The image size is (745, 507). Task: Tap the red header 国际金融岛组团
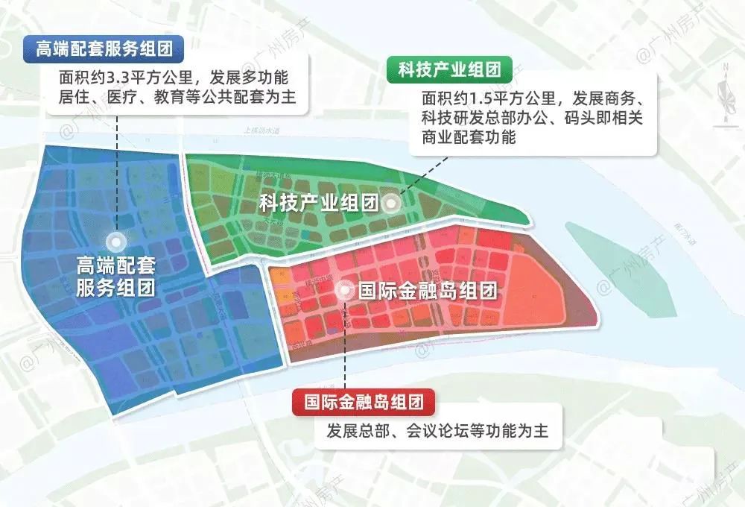364,403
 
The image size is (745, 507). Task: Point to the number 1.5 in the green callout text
481,99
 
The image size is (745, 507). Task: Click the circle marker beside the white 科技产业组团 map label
390,202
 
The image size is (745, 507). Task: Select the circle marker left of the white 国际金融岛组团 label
346,291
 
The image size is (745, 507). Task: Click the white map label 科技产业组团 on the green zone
319,202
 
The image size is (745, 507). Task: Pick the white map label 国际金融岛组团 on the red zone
427,291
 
